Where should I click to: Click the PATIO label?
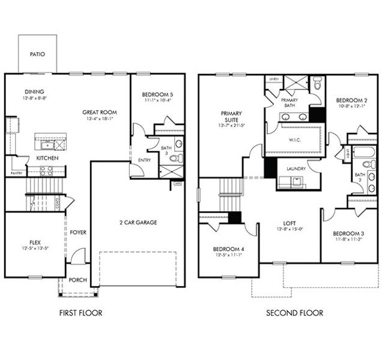click(x=37, y=53)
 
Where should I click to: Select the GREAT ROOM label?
click(x=100, y=112)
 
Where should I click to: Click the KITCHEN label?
click(x=47, y=158)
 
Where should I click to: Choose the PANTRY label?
click(x=16, y=173)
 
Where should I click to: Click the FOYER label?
click(x=77, y=232)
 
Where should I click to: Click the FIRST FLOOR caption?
click(x=80, y=313)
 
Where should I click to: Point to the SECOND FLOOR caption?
click(x=294, y=313)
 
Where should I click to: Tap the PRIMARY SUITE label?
click(x=231, y=116)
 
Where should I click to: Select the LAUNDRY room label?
click(x=296, y=169)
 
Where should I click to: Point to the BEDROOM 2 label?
click(x=351, y=100)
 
